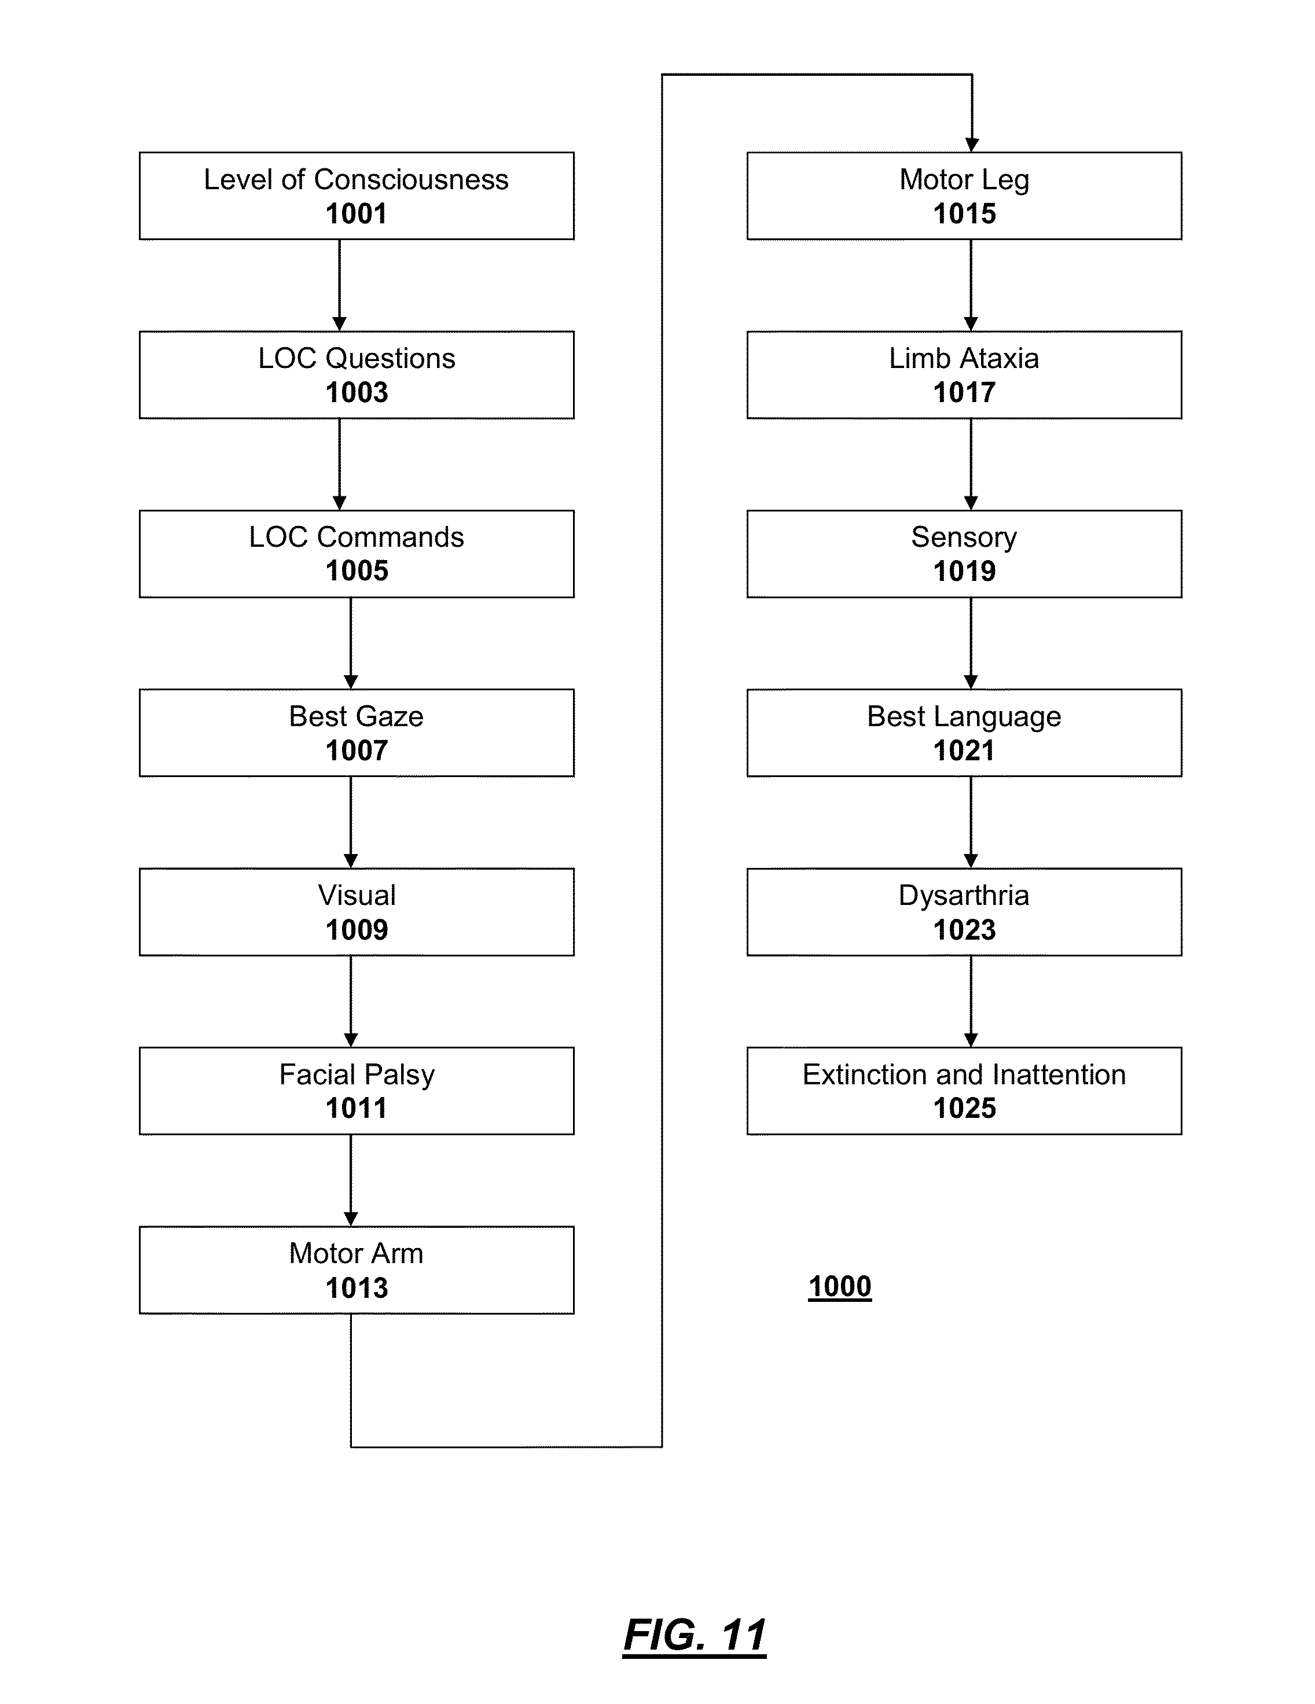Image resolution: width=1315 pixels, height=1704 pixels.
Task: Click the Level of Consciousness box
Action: click(x=357, y=196)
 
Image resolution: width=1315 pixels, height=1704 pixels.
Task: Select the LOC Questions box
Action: click(x=357, y=376)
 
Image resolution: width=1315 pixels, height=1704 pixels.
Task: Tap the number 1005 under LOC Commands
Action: click(x=357, y=571)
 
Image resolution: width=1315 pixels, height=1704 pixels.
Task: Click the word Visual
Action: click(x=357, y=895)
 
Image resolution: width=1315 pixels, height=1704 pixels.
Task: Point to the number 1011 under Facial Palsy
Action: click(x=357, y=1108)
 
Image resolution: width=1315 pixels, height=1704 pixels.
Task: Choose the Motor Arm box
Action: click(x=357, y=1270)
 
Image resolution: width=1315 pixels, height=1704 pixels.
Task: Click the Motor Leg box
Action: click(x=965, y=196)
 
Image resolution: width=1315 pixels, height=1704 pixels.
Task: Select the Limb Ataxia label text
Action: click(x=965, y=358)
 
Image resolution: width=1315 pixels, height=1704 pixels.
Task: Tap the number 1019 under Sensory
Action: click(x=965, y=571)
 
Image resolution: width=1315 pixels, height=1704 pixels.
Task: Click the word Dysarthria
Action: click(x=965, y=896)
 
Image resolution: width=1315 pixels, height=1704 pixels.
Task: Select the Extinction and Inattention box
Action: click(x=965, y=1091)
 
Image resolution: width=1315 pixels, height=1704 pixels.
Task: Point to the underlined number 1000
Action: click(x=840, y=1287)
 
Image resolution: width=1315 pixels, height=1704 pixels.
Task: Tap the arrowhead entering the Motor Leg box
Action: click(x=972, y=144)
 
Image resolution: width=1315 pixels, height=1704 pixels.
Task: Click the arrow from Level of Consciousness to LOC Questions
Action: click(x=340, y=286)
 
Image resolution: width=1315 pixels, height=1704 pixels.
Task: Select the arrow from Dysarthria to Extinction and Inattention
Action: click(x=971, y=1001)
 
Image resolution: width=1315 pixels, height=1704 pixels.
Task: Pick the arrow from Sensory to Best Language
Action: click(x=971, y=643)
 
